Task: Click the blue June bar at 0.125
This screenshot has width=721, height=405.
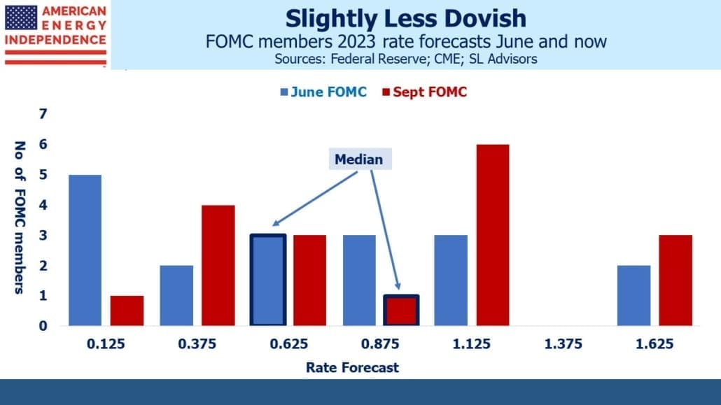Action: [85, 250]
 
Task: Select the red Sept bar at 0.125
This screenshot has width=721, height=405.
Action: [127, 311]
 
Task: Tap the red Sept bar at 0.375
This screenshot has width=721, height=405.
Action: [218, 265]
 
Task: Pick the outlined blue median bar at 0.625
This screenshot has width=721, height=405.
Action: [268, 280]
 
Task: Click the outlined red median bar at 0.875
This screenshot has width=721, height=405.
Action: [401, 311]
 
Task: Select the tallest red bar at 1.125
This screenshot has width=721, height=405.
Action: [493, 235]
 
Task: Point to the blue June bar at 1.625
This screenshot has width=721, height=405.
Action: [633, 296]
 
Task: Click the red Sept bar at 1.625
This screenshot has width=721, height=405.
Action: [675, 280]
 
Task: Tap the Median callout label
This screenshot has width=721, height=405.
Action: [359, 159]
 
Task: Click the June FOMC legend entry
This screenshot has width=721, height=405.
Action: [323, 92]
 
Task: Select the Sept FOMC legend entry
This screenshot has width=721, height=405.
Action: [424, 92]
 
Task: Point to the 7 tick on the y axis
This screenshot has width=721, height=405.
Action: [43, 113]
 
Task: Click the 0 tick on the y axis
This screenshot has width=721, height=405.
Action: [43, 326]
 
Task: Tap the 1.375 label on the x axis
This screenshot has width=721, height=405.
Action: [563, 344]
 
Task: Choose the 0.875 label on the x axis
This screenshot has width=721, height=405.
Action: [380, 344]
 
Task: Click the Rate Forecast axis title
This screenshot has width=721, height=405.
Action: [352, 367]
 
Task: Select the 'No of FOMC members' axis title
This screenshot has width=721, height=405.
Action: [20, 218]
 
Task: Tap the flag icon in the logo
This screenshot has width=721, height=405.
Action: [21, 17]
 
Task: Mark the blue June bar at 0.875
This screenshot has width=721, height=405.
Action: [359, 280]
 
